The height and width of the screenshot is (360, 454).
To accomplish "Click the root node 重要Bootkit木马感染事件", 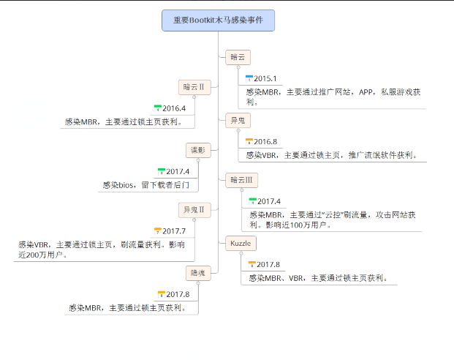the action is pos(218,20).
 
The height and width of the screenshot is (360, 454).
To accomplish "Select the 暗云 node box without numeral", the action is pos(238,57).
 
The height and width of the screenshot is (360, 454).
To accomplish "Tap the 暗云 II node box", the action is pos(194,87).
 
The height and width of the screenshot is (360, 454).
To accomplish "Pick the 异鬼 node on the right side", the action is pos(238,120).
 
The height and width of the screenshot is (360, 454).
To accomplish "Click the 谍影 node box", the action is pos(198,150).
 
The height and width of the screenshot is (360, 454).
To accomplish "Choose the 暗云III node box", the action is pos(241,180).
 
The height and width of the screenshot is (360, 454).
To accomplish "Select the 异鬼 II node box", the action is pos(194,210).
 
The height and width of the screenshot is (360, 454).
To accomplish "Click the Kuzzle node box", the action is pos(241,244).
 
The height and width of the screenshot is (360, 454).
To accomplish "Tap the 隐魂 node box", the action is pos(198,273).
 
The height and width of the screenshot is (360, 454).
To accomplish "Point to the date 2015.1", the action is pos(265,78).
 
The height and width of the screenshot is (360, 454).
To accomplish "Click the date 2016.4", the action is pos(174,108).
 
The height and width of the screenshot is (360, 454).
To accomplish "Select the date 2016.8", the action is pos(265,142).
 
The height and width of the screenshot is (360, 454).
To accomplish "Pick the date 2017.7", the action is pos(174,231).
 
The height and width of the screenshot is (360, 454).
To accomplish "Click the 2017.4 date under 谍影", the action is pos(178,172).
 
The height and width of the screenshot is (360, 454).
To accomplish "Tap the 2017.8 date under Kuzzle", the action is pos(268,265).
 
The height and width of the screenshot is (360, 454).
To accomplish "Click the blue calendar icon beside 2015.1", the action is pos(249,78).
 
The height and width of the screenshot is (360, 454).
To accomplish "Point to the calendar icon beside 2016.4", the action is pos(157,108).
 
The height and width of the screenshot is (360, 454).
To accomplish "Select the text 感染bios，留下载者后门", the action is pos(146,185).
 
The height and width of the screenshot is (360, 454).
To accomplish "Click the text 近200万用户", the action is pos(43,255).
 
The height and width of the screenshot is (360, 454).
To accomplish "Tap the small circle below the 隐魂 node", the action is pos(198,283).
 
